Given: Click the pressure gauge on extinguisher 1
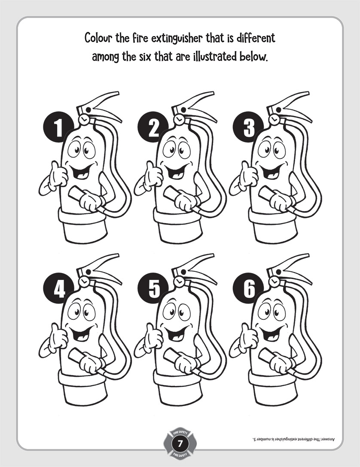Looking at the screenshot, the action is pyautogui.click(x=84, y=119).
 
